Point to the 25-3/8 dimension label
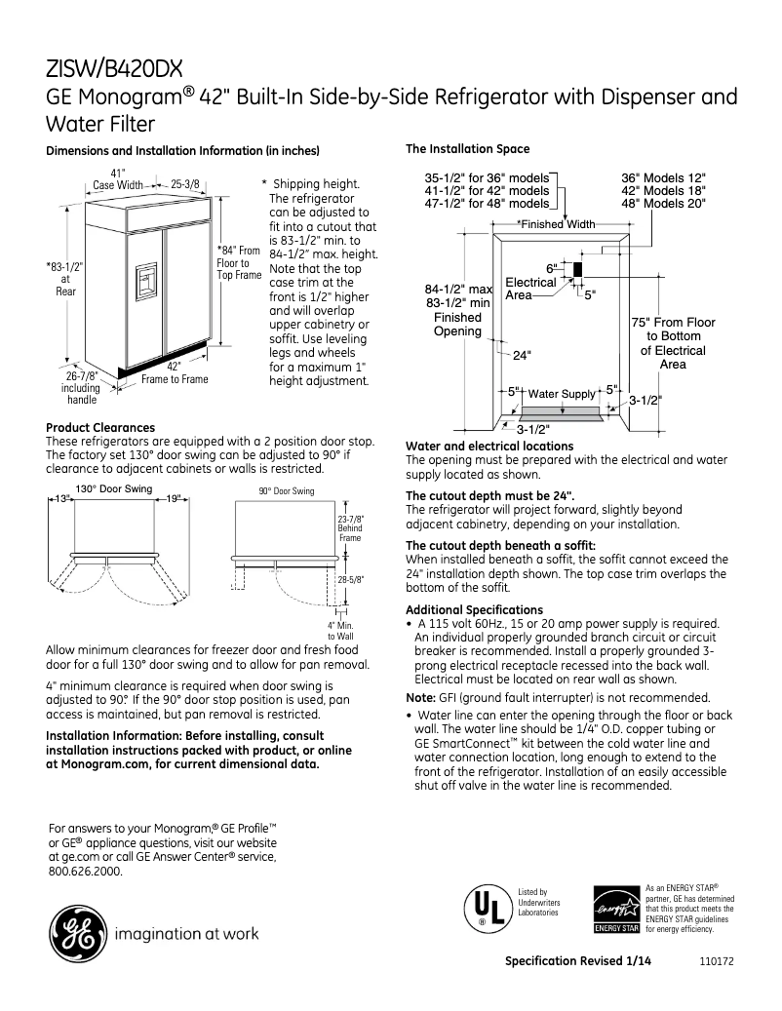coord(185,183)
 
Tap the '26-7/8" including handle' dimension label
coord(81,387)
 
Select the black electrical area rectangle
coord(577,269)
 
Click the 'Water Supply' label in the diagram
coord(561,394)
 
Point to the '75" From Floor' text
coord(672,322)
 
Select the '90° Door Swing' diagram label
coord(287,492)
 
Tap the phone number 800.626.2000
coord(85,872)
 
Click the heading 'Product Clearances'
coord(100,427)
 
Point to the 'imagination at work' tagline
coord(187,934)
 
